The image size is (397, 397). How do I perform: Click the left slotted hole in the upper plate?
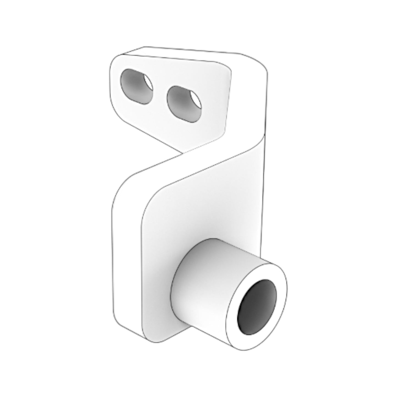tap(136, 86)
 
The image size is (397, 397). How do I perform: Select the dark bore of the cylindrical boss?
tap(257, 307)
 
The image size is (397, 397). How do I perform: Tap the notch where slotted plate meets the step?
tap(182, 153)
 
